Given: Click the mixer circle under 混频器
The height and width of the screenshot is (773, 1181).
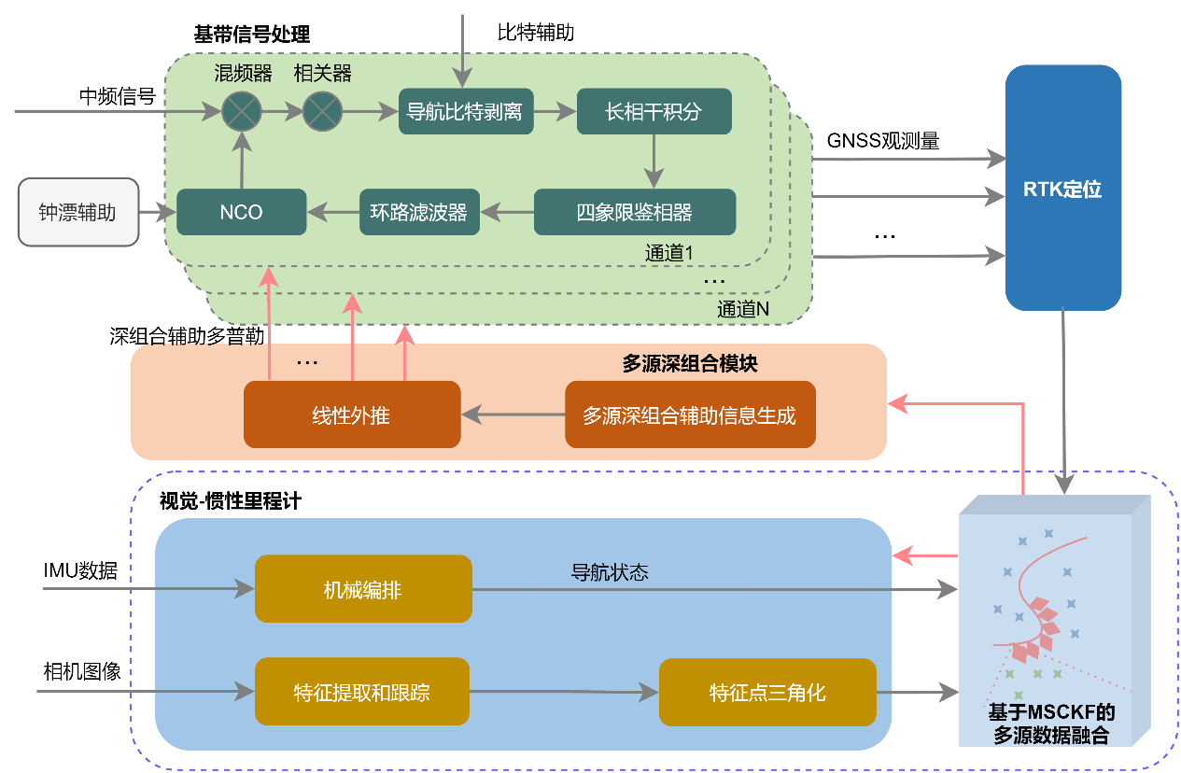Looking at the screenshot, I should (x=242, y=112).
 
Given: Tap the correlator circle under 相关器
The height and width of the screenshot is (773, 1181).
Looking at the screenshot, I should (x=323, y=112).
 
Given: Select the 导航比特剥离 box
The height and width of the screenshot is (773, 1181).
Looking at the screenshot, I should (x=464, y=112).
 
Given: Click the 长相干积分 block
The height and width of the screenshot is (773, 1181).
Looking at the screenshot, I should (x=654, y=112).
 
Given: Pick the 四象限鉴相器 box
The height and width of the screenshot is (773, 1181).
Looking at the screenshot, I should (x=635, y=212).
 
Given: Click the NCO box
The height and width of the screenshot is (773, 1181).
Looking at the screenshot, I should (x=242, y=212).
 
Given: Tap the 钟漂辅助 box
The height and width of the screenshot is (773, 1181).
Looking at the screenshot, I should (x=77, y=212).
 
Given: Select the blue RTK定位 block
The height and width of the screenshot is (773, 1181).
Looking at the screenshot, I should (x=1062, y=188).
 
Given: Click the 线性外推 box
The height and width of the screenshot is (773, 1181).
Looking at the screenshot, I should (x=352, y=415).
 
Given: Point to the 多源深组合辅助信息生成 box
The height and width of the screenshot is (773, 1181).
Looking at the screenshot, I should (x=690, y=415).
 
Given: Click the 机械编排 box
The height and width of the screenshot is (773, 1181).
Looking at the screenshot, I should (x=363, y=589).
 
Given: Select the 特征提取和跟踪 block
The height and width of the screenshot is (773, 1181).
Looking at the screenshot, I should (x=362, y=693).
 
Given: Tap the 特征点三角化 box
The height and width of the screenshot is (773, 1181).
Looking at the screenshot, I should (x=767, y=693).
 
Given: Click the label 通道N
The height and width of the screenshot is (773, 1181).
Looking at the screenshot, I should (x=743, y=310).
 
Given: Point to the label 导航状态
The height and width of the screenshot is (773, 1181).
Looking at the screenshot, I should (x=610, y=572).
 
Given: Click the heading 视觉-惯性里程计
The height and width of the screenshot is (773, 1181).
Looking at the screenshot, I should (x=231, y=501).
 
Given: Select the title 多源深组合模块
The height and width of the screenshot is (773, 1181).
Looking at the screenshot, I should (x=690, y=364).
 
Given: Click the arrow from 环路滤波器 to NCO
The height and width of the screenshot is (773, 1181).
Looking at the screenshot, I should (x=333, y=212).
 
